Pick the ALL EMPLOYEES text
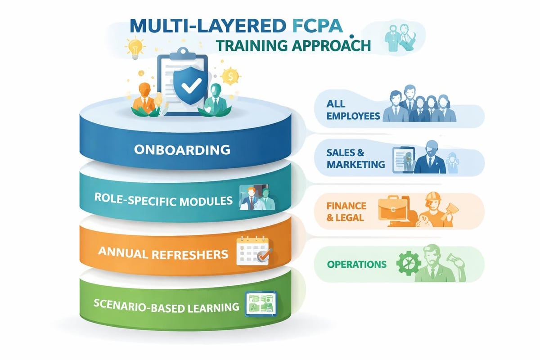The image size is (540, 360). (354, 110)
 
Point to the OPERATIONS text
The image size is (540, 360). (357, 264)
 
